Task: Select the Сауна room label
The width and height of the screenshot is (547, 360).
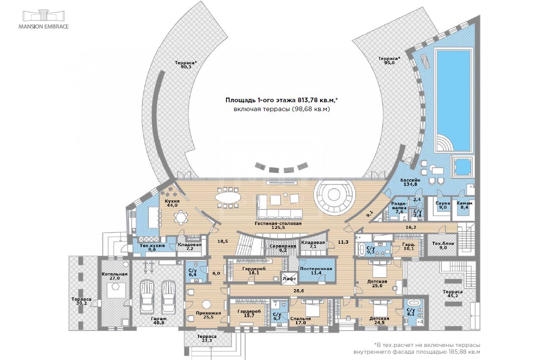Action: [442, 203]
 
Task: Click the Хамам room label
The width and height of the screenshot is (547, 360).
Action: [464, 203]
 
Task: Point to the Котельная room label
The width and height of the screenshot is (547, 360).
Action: [114, 274]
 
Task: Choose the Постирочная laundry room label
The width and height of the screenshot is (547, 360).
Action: [316, 269]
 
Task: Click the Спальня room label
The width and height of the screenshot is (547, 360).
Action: [301, 319]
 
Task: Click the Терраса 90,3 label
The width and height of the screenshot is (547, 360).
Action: [186, 64]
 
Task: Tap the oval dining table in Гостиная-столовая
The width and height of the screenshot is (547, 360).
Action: [228, 197]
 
